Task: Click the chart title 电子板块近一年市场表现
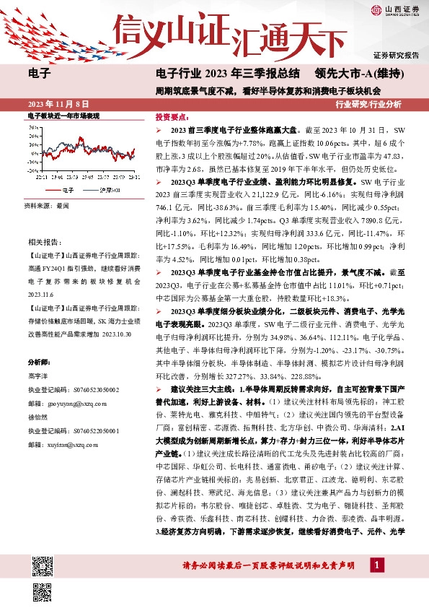tap(63, 116)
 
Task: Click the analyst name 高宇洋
tap(37, 376)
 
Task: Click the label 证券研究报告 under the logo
tap(396, 55)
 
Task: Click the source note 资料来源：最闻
tap(45, 206)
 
